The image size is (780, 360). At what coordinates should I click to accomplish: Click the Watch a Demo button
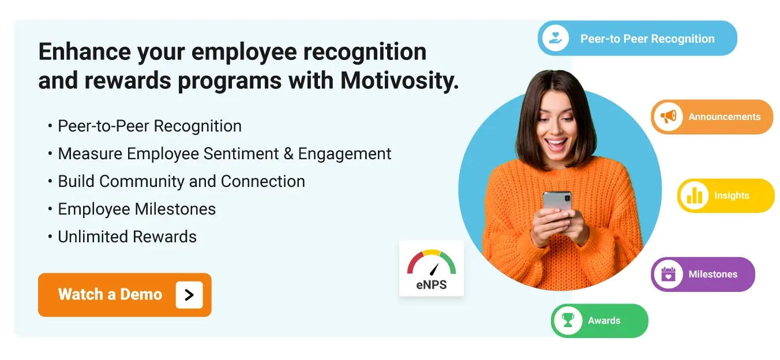(125, 295)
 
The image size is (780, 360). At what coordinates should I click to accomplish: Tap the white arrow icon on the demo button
(189, 295)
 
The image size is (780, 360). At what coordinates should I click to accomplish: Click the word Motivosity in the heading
(399, 81)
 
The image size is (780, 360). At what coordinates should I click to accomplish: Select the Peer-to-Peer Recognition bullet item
(149, 126)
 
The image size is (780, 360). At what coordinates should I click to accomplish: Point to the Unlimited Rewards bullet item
(127, 237)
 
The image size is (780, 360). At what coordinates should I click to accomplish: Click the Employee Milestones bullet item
(137, 209)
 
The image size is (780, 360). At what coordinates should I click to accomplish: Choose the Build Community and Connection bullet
(181, 181)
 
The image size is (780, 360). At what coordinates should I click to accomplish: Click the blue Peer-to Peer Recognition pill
(637, 39)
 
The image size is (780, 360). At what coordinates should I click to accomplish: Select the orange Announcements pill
(712, 117)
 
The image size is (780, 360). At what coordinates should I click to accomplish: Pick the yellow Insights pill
(726, 196)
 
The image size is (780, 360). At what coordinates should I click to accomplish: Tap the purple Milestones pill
(703, 274)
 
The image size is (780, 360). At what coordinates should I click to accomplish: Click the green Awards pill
(599, 321)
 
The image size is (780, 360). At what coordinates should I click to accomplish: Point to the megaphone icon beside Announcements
(669, 117)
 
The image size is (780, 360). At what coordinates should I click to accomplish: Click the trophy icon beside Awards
(568, 320)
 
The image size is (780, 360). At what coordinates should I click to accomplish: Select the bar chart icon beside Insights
(694, 196)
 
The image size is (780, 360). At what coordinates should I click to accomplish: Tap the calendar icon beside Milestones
(668, 274)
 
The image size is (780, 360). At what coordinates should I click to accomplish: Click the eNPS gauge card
(432, 268)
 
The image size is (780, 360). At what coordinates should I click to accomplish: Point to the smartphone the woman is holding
(557, 202)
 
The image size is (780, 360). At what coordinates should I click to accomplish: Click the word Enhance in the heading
(84, 52)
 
